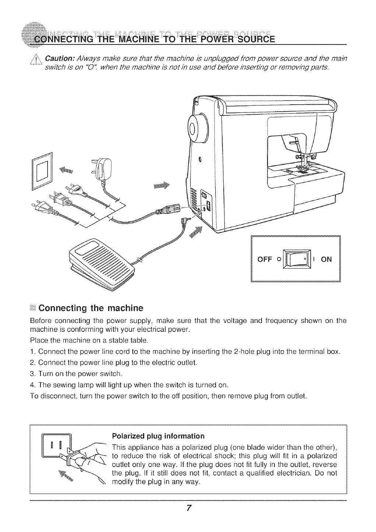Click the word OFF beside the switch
click(264, 259)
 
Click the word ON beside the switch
click(326, 259)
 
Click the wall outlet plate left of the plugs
click(42, 172)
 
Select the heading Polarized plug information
click(158, 436)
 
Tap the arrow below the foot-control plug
click(198, 232)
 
